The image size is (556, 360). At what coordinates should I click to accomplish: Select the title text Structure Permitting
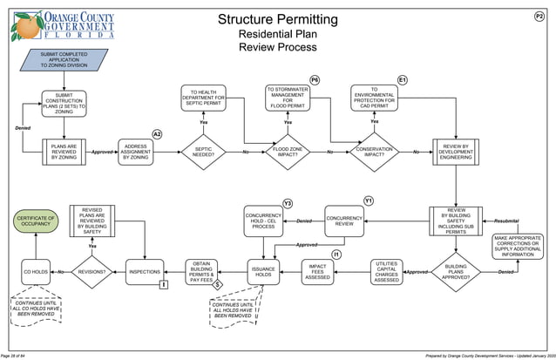[277, 19]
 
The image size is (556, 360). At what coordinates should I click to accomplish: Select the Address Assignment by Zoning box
[136, 152]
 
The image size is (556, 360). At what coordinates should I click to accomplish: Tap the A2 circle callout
[157, 133]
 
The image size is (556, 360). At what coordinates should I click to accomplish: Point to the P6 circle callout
[314, 80]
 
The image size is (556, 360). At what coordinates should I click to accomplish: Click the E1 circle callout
[402, 80]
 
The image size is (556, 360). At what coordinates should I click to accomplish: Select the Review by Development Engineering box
[456, 152]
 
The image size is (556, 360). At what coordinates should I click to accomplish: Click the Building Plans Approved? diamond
[456, 272]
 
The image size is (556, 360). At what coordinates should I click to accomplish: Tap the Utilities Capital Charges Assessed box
[387, 272]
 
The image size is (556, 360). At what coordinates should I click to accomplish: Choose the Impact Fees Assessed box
[318, 272]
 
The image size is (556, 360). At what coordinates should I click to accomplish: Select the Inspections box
[145, 272]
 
